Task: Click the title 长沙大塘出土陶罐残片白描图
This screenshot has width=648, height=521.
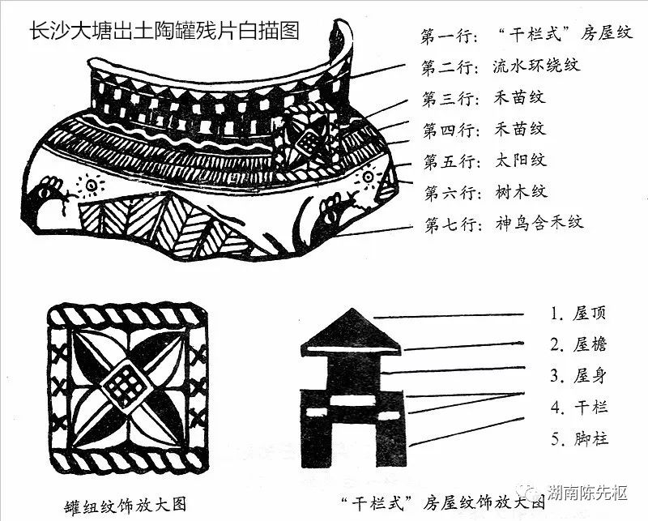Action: point(164,31)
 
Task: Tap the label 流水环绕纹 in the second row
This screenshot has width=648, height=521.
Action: point(536,66)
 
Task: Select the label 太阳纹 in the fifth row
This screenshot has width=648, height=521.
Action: point(521,160)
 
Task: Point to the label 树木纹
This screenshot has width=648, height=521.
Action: point(521,192)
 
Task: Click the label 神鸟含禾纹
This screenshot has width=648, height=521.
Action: point(539,224)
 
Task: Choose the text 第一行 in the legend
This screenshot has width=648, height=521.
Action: point(450,36)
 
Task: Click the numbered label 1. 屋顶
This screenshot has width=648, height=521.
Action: point(578,314)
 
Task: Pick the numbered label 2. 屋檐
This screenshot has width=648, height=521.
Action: point(578,344)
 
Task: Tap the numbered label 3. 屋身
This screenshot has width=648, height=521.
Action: point(578,376)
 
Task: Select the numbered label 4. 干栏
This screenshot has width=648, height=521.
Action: point(579,408)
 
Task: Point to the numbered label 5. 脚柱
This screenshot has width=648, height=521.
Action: point(579,438)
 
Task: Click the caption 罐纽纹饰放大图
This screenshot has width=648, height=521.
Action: point(126,506)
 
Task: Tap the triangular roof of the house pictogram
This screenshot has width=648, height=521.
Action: point(352,331)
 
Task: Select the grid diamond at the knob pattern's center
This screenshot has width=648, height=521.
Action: point(126,386)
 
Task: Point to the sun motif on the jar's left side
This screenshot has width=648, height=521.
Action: point(90,185)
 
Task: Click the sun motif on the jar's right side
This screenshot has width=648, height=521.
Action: point(368,177)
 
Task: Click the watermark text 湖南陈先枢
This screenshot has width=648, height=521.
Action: point(586,493)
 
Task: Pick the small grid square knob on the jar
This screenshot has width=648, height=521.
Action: point(308,143)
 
